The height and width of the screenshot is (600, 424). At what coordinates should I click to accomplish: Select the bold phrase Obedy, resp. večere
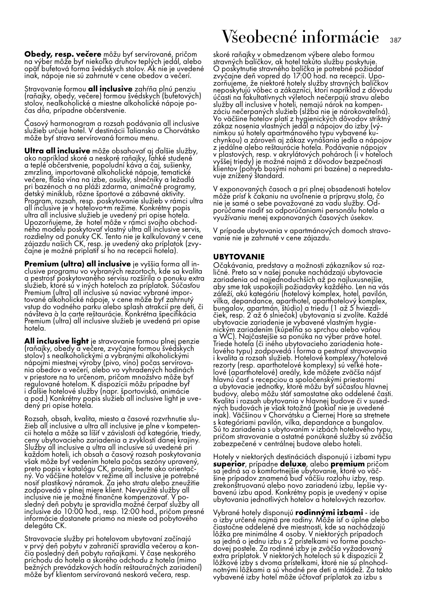pos(63,54)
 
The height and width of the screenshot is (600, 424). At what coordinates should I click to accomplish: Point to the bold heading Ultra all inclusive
pos(57,151)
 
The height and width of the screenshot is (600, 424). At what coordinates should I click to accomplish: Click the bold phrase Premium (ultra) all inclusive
pos(78,264)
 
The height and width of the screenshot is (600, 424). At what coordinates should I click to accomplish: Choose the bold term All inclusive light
pos(57,341)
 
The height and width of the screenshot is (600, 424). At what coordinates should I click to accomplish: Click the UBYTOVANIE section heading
pos(239,256)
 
